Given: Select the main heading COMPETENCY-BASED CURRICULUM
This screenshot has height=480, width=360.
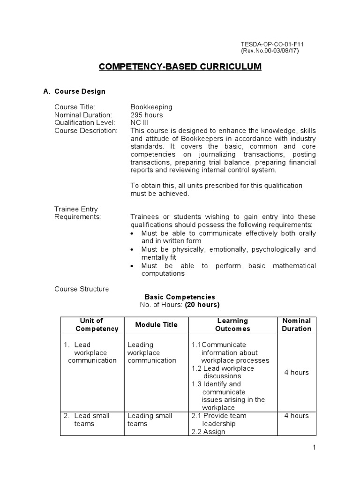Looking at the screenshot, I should (180, 67).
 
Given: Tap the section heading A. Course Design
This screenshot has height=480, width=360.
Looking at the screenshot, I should (75, 91).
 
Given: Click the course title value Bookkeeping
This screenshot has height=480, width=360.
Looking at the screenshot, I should (151, 107).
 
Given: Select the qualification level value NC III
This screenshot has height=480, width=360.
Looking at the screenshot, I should (139, 122).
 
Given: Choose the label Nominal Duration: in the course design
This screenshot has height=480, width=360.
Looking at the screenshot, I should (83, 115).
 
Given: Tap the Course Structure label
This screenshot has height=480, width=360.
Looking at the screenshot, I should (82, 289).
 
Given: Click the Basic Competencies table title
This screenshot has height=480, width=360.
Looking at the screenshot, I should (180, 297).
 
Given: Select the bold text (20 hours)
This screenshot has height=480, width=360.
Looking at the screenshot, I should (202, 305).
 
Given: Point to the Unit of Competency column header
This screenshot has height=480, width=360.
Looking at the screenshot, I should (91, 325).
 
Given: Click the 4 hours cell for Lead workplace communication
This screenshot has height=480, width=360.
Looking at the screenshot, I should (296, 372).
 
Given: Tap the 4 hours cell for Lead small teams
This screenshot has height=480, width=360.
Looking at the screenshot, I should (296, 416).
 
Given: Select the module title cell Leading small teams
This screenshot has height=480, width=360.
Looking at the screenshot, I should (143, 420).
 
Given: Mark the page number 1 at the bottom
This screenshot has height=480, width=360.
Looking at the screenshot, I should (315, 448).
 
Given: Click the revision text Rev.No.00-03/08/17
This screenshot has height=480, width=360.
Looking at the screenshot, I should (270, 51).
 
